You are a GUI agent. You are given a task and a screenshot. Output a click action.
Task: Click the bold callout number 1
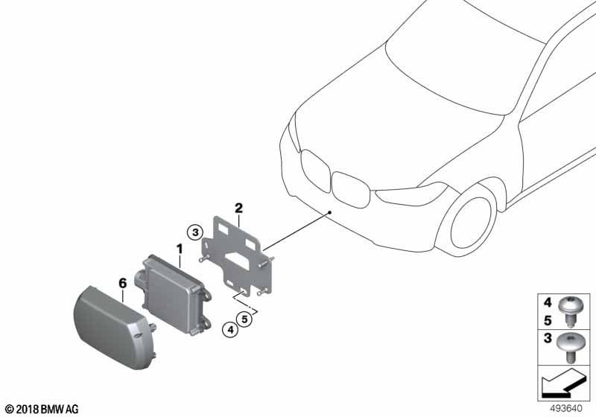[180, 249]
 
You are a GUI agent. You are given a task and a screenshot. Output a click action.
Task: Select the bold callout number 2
[238, 208]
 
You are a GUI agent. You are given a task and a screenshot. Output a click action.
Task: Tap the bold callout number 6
[122, 283]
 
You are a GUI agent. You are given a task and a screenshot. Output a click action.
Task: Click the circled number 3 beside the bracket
[195, 232]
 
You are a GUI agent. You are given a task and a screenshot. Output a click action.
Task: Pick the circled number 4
[230, 330]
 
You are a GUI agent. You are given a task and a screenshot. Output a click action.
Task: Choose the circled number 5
[244, 319]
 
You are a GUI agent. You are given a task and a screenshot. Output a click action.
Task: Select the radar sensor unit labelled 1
[173, 293]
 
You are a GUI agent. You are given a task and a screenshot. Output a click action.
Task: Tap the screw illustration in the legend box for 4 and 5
[568, 311]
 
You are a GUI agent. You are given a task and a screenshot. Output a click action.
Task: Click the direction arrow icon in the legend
[562, 383]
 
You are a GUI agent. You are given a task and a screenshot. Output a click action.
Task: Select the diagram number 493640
[566, 409]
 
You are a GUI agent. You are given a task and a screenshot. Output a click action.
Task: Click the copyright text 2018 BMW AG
[42, 409]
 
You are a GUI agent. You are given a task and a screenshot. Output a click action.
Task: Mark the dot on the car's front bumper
[330, 212]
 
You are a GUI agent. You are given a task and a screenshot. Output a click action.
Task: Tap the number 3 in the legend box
[548, 337]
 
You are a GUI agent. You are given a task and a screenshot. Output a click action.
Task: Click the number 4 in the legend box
[548, 302]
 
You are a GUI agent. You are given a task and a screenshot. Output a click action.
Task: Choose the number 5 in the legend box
[548, 320]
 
